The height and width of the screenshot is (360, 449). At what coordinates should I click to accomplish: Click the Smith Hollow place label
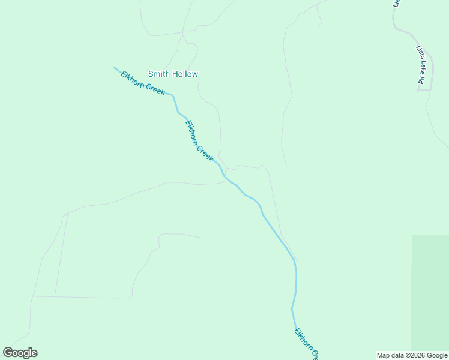[173, 74]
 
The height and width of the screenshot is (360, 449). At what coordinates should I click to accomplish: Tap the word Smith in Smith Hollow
[159, 74]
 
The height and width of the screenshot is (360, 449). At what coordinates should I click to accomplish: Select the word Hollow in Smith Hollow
[185, 74]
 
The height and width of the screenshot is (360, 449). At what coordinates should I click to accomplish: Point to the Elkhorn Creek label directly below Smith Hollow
[199, 141]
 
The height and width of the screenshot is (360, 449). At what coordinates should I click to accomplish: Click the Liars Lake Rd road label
[421, 65]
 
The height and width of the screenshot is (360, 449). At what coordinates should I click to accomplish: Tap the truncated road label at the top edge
[396, 3]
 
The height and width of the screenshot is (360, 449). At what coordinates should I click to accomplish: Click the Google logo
[20, 353]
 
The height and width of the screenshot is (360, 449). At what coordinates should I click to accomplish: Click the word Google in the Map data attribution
[437, 356]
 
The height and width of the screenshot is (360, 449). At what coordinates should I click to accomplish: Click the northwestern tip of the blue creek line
[115, 68]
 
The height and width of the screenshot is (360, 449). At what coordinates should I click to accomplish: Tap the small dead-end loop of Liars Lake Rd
[424, 89]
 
